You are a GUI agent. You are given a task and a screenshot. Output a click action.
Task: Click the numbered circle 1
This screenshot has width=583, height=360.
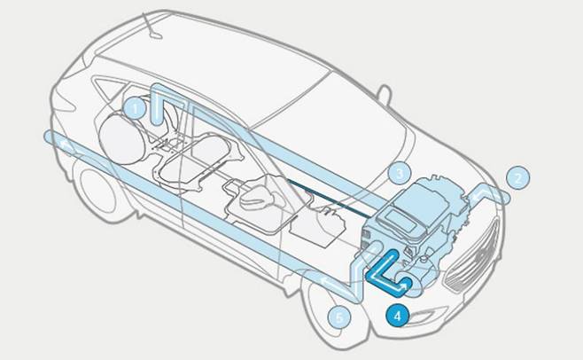point(135,108)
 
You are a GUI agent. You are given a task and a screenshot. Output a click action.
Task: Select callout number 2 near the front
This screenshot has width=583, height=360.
point(518,178)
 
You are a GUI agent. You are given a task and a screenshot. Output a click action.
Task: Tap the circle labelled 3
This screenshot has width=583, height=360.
point(400,173)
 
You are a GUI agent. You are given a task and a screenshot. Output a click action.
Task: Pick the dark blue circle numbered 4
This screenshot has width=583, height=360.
point(398,316)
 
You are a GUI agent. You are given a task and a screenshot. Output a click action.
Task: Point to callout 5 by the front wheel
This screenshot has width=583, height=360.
point(339,317)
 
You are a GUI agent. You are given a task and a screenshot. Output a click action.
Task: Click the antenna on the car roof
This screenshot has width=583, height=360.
point(152,27)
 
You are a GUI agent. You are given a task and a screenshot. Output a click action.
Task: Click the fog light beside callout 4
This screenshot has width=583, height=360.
point(428,317)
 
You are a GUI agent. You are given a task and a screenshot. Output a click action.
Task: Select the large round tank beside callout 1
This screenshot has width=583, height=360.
point(121,138)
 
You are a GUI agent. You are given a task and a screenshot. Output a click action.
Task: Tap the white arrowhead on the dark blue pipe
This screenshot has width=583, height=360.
point(402,286)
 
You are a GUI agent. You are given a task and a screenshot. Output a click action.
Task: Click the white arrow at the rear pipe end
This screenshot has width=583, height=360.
point(67,146)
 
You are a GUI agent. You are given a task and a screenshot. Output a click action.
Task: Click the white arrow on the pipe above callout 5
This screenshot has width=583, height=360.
point(330,284)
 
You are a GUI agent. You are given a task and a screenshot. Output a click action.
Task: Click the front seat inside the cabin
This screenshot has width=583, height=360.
point(260,198)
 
